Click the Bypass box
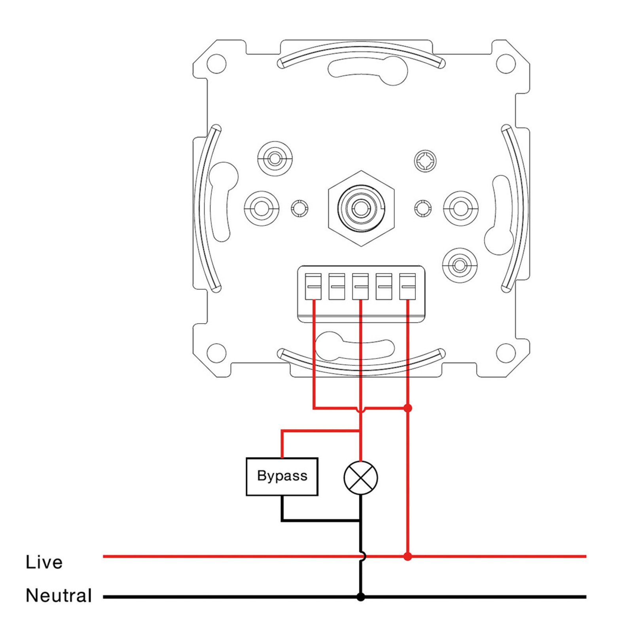(x=282, y=476)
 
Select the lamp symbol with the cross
(x=360, y=478)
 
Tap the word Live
(x=44, y=562)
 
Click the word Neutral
(x=59, y=595)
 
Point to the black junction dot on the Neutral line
(x=360, y=597)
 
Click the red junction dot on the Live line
(x=407, y=557)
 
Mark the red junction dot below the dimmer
(x=407, y=408)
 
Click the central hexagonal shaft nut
(x=361, y=208)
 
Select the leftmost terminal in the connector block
(x=313, y=286)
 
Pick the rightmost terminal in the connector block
(x=407, y=286)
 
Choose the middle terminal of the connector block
(x=360, y=286)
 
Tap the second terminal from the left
(x=337, y=286)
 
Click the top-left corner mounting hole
(x=216, y=63)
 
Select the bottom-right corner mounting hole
(x=506, y=353)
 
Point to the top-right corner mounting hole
(x=506, y=63)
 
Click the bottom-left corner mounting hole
(x=216, y=353)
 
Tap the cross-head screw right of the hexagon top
(x=425, y=161)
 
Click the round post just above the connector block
(x=460, y=265)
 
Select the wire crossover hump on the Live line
(x=362, y=557)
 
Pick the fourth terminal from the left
(x=384, y=286)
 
